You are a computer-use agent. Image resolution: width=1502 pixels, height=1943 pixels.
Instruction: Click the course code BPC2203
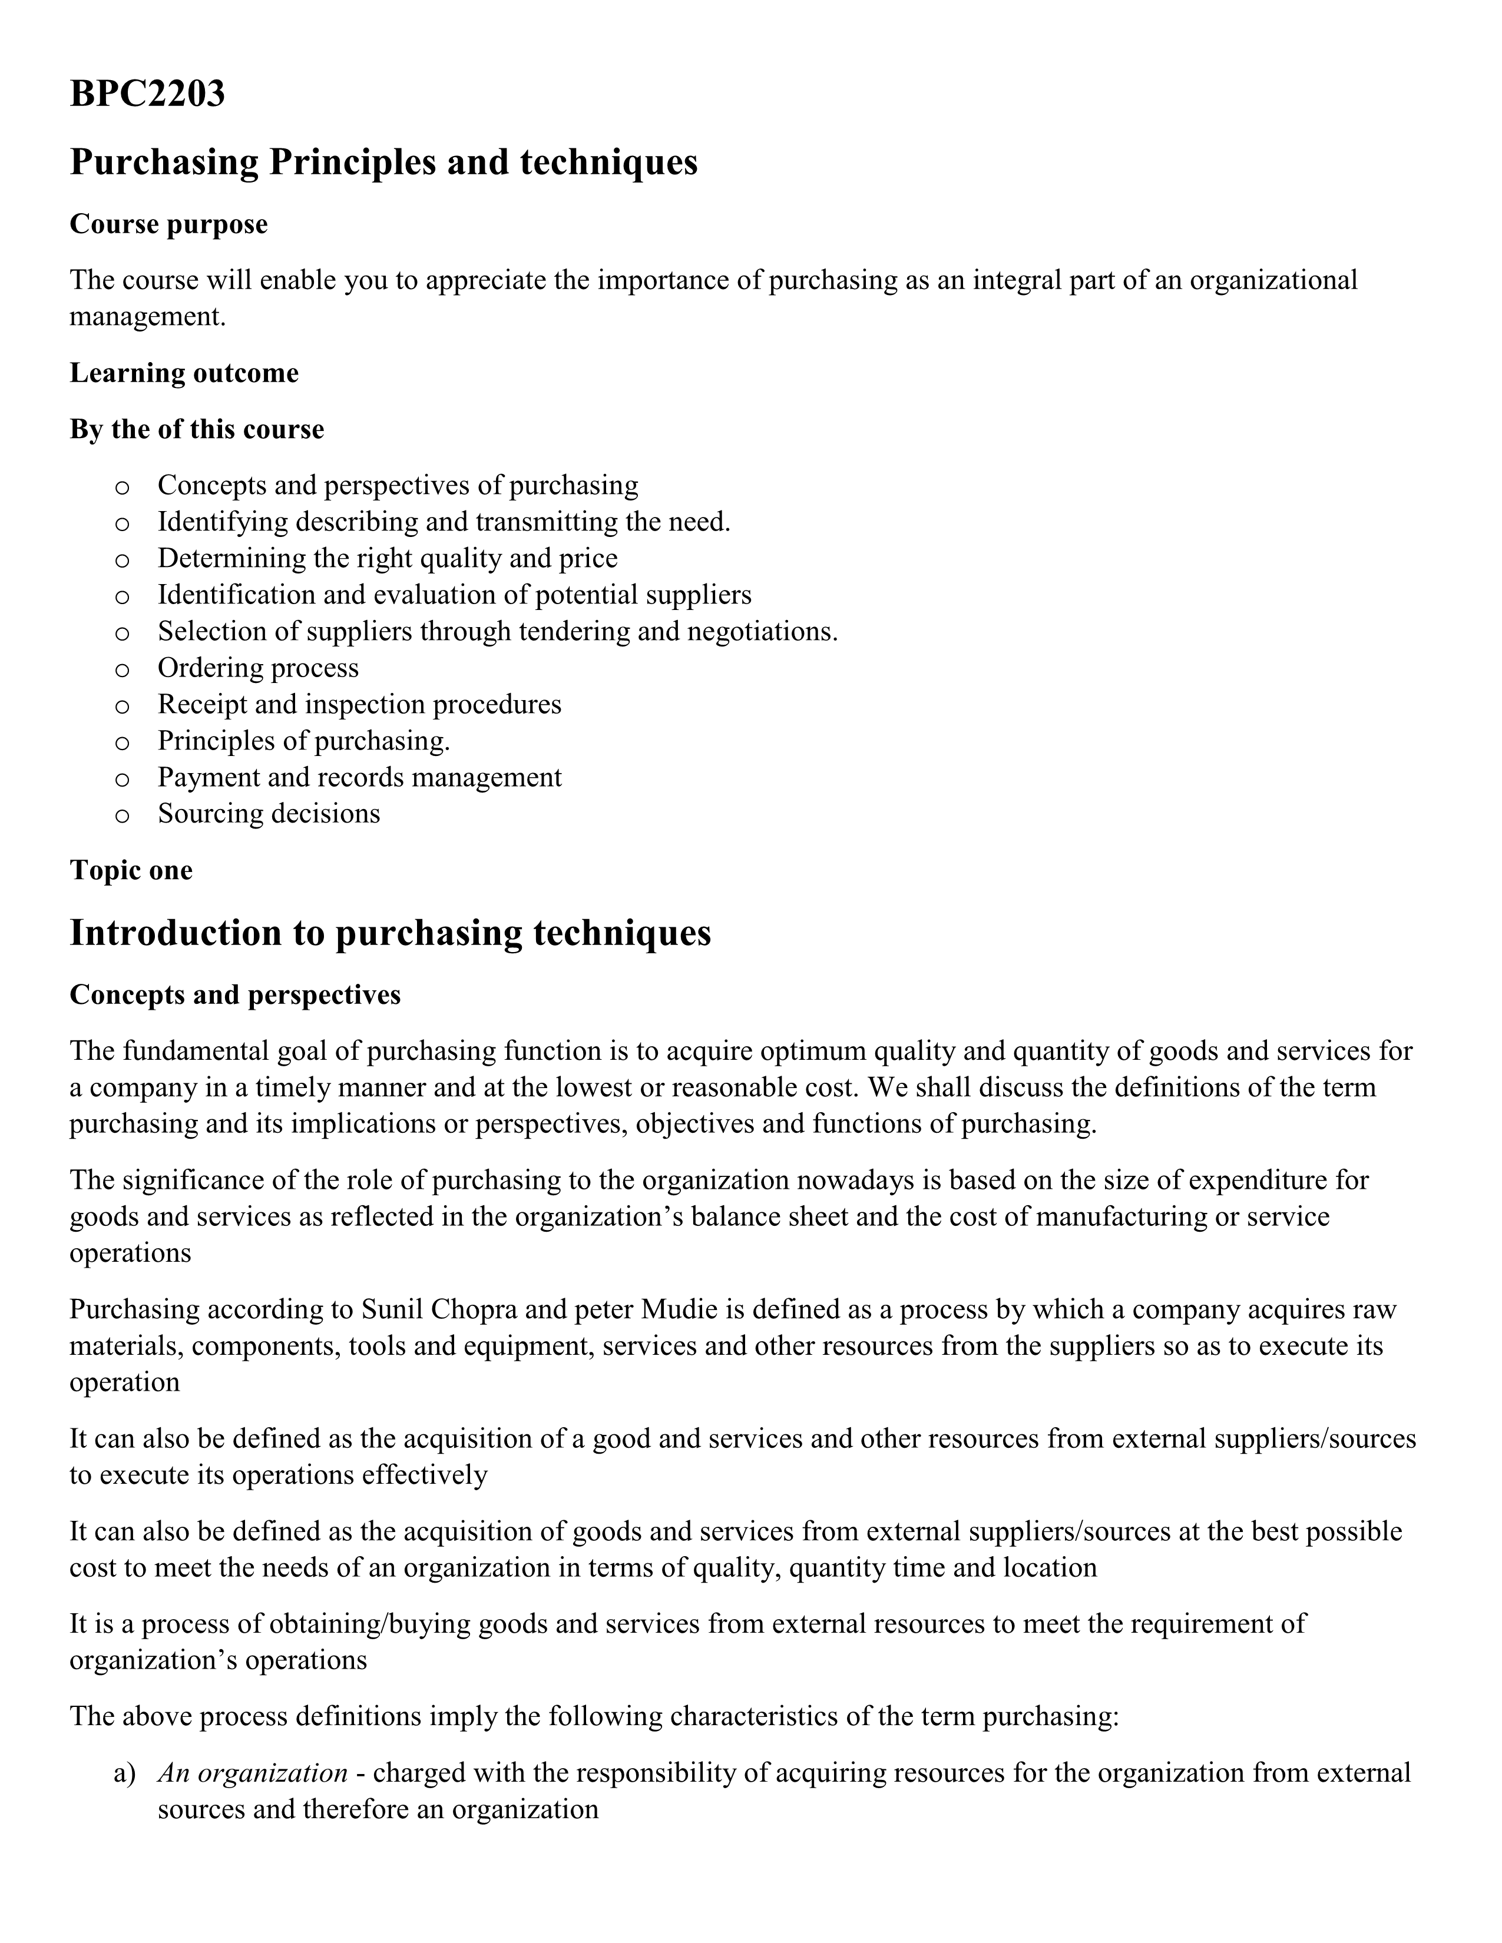(x=147, y=94)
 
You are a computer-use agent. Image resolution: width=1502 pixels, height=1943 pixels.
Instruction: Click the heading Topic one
(x=131, y=870)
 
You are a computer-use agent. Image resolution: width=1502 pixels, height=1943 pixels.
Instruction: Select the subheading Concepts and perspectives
(x=235, y=994)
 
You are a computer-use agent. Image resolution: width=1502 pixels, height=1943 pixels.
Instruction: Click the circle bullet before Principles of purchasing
(x=123, y=742)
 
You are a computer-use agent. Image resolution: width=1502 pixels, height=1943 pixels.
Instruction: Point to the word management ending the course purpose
(x=146, y=317)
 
